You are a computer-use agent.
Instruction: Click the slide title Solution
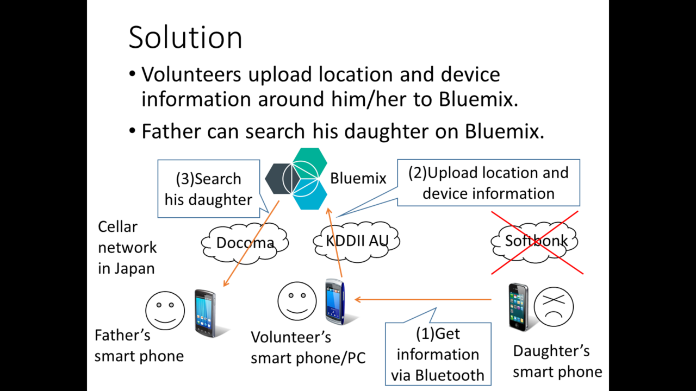[185, 37]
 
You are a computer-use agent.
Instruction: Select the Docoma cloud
[245, 242]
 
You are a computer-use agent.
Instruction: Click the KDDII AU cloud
[357, 241]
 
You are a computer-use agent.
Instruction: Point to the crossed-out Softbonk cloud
[536, 241]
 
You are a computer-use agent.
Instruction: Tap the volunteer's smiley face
[297, 301]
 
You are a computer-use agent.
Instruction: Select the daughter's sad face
[554, 306]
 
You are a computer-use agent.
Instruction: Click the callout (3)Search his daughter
[208, 188]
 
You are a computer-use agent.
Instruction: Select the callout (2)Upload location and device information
[488, 183]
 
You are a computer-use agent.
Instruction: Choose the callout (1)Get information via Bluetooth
[438, 354]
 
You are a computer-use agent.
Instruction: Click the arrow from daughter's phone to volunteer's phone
[424, 299]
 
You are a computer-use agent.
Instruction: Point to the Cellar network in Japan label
[127, 248]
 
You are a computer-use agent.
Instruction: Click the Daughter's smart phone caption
[557, 361]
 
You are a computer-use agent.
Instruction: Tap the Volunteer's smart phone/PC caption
[308, 348]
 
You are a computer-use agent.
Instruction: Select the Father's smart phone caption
[139, 345]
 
